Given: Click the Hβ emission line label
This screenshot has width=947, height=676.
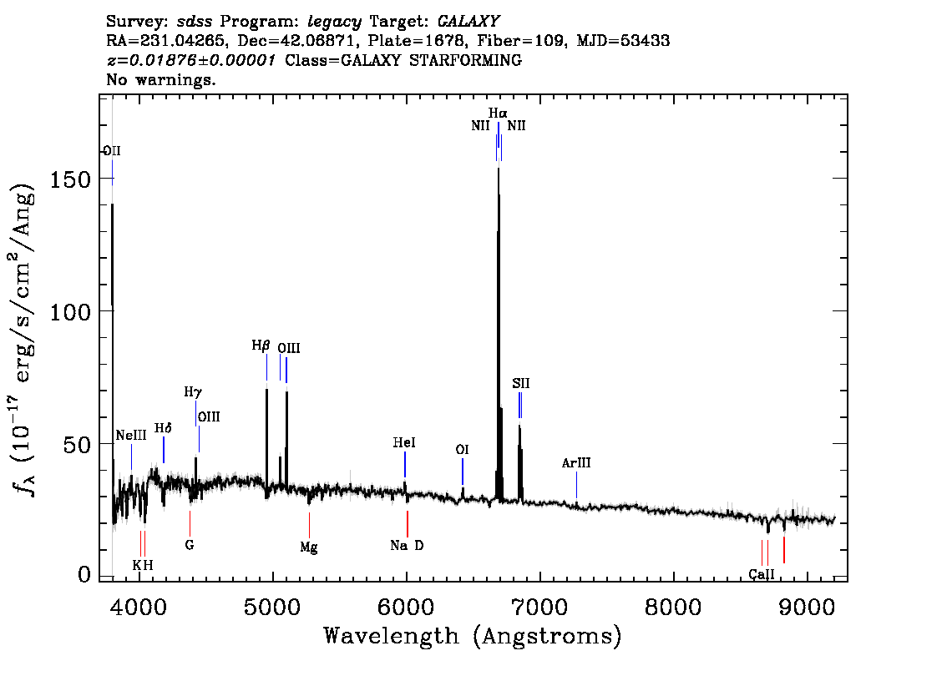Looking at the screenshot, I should point(261,346).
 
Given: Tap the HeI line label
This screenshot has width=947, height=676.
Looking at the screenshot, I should point(404,443).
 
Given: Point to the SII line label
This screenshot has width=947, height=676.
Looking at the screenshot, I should point(521,384).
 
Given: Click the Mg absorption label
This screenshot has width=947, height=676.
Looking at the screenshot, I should point(309,548).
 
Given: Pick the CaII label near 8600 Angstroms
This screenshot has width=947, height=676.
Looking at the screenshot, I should point(761,574).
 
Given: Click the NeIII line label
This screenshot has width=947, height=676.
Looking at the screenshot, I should point(131,436).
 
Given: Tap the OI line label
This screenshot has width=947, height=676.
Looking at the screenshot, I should point(462,450).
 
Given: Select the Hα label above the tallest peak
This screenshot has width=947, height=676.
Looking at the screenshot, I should point(498,113).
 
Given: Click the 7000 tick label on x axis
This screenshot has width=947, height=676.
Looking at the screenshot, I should point(539,605).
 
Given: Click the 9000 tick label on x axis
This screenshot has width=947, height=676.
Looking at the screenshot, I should point(807,605).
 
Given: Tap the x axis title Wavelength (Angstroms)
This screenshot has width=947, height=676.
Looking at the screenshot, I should point(473,637).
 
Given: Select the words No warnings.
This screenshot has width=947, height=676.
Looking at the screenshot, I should point(161,80).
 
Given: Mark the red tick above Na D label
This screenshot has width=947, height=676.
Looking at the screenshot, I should point(407,524).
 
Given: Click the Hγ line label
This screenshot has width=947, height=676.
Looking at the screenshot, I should point(193,391).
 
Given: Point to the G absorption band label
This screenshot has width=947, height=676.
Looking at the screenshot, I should point(189,545).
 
